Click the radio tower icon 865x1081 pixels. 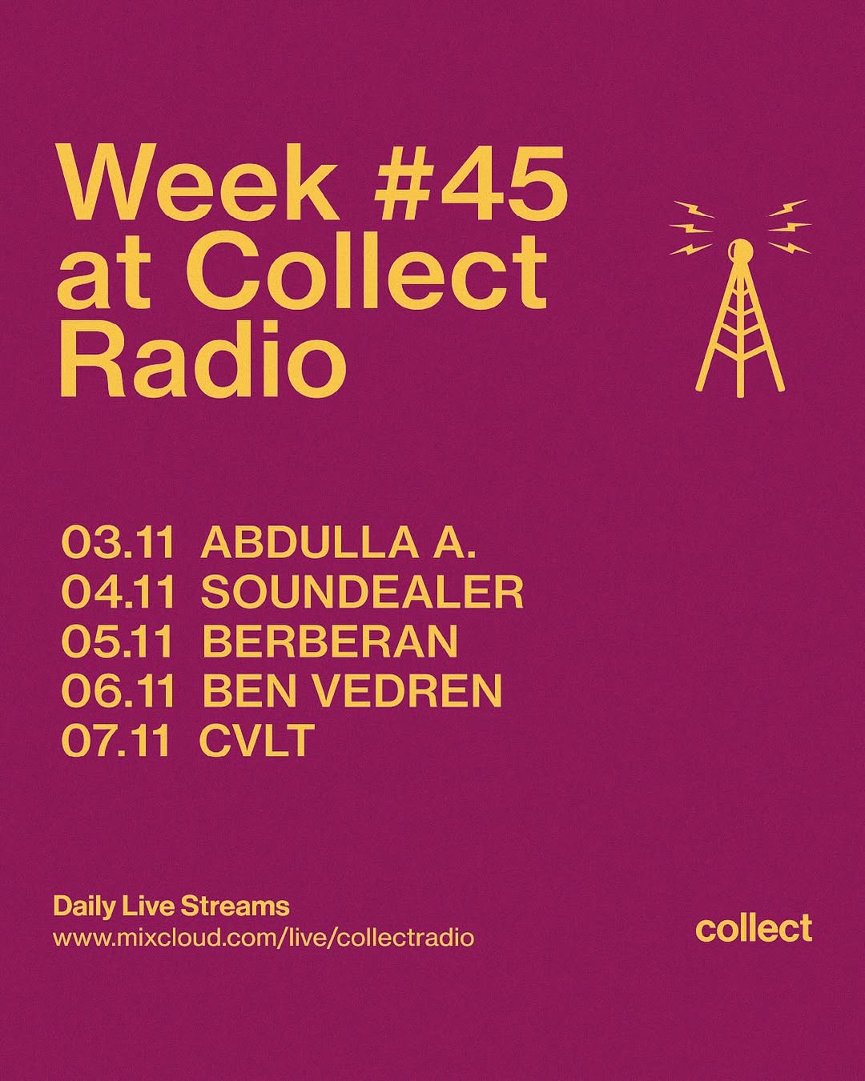(740, 299)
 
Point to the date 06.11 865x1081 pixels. (118, 689)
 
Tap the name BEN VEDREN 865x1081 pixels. (352, 689)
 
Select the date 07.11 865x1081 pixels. (118, 738)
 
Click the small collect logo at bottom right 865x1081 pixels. (754, 928)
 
